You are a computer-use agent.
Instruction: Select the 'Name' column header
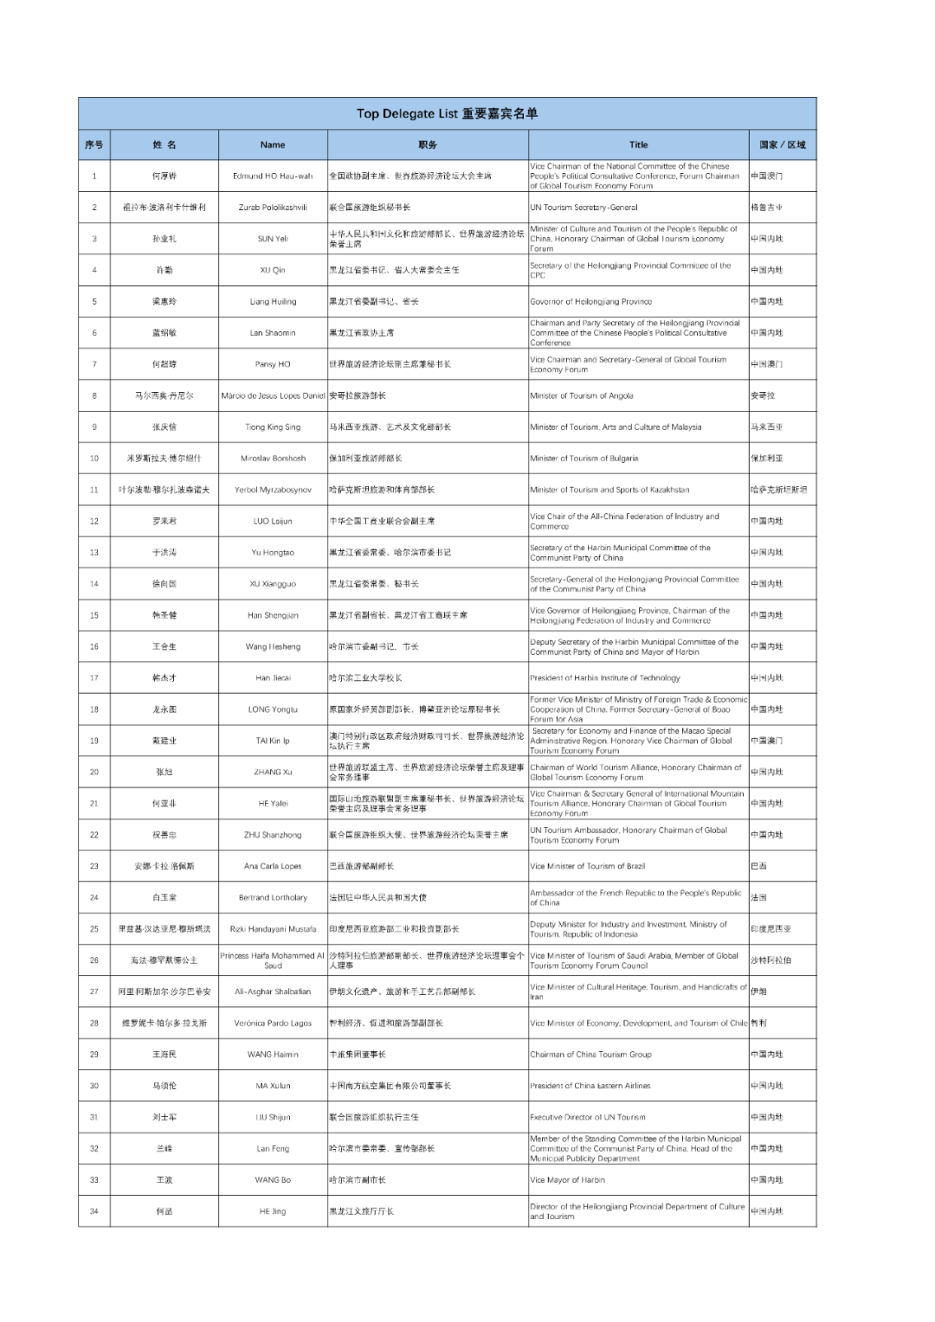coord(273,144)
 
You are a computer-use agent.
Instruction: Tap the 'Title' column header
coord(638,144)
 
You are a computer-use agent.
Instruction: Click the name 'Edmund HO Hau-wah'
coord(273,176)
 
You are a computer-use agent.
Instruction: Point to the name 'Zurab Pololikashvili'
coord(273,208)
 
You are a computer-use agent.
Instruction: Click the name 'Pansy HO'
coord(273,364)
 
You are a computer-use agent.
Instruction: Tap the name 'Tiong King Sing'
coord(273,427)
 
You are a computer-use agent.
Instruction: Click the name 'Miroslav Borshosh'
coord(273,459)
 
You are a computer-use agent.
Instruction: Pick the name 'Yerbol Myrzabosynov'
coord(273,490)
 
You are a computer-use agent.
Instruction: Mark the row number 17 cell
coord(94,678)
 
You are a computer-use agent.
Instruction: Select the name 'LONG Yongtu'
coord(273,709)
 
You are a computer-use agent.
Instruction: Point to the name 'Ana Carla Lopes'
coord(273,866)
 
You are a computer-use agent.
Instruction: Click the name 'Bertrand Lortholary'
coord(273,897)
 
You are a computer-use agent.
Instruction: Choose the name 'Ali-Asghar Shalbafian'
coord(273,991)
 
